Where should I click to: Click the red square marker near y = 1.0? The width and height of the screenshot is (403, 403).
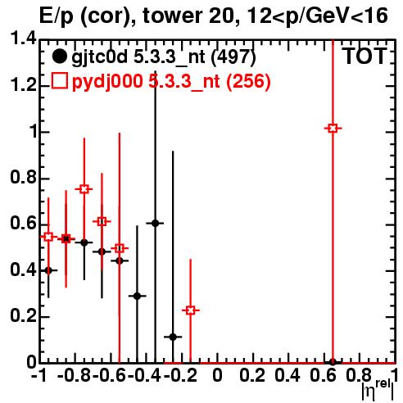click(x=333, y=128)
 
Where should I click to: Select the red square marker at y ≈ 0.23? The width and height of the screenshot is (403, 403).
click(x=191, y=310)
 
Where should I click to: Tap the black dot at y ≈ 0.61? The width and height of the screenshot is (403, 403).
click(x=156, y=224)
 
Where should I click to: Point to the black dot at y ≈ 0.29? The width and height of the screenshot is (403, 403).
click(x=138, y=296)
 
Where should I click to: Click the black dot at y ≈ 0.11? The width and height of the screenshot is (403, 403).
click(x=173, y=337)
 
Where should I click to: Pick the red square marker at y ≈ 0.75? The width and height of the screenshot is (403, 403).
click(x=84, y=189)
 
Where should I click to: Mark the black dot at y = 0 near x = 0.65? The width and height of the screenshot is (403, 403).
click(x=333, y=362)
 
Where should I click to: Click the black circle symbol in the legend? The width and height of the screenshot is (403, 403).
click(x=59, y=57)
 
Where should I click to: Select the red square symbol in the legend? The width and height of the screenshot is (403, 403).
click(x=59, y=81)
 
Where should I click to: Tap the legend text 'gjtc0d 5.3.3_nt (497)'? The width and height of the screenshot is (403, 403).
click(x=164, y=57)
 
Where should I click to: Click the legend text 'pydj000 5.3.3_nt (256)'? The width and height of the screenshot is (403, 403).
click(x=171, y=82)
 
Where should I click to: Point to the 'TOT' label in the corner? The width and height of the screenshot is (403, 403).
click(x=365, y=57)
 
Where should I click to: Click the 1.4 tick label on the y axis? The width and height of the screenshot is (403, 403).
click(x=23, y=38)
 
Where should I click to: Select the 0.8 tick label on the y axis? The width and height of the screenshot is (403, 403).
click(x=23, y=178)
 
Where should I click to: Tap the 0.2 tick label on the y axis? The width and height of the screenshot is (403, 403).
click(x=23, y=316)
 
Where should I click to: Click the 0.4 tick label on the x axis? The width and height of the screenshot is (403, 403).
click(x=288, y=375)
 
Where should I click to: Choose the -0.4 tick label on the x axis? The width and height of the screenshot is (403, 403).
click(x=144, y=375)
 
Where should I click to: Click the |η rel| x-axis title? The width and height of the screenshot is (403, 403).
click(x=378, y=390)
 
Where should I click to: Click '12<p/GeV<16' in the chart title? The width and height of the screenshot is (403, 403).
click(x=316, y=16)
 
